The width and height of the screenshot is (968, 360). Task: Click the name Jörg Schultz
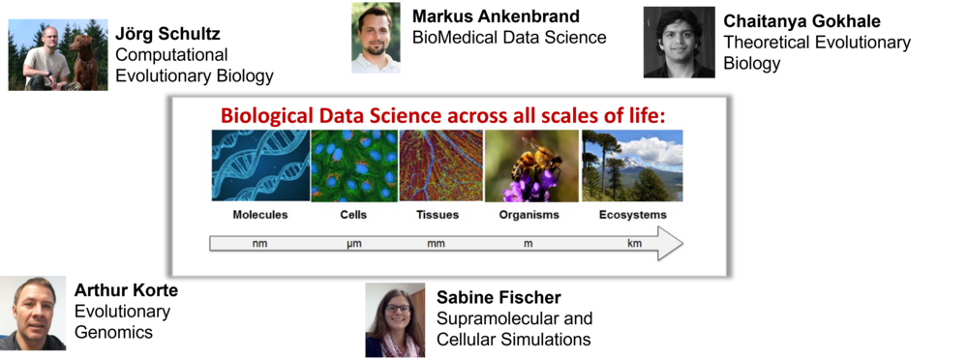click(x=167, y=33)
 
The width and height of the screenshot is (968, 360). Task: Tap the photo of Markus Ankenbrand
click(x=376, y=38)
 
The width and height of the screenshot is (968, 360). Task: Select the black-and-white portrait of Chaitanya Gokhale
click(x=680, y=42)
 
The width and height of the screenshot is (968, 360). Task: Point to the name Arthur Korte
click(x=126, y=290)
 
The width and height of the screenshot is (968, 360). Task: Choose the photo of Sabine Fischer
click(x=395, y=320)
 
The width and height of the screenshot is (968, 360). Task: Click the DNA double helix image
click(x=260, y=165)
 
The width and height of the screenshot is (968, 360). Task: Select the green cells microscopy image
click(x=354, y=165)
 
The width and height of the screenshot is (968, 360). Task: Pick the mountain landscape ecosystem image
click(x=632, y=165)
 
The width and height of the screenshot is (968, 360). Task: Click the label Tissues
click(x=438, y=215)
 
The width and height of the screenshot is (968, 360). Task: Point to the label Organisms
click(x=529, y=215)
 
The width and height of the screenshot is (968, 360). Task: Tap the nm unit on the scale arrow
click(x=259, y=243)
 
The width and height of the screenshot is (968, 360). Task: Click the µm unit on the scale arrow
click(x=353, y=244)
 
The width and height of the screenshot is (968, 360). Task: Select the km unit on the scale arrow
click(x=634, y=243)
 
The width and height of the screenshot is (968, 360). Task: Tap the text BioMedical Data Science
click(x=509, y=38)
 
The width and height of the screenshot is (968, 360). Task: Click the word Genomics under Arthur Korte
click(x=113, y=332)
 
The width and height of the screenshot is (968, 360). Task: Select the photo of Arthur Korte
click(x=33, y=314)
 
